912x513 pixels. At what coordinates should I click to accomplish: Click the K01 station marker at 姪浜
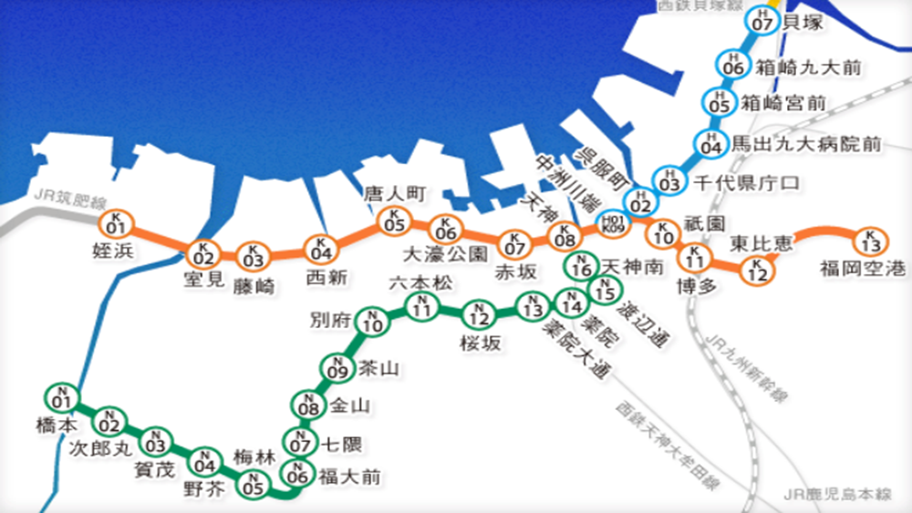[116, 223]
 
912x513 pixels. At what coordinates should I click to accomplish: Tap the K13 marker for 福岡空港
[870, 242]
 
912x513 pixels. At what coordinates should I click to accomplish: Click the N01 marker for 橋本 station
[61, 398]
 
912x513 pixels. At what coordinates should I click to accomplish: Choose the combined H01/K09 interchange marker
[611, 223]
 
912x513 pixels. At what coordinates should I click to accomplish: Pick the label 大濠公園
[446, 252]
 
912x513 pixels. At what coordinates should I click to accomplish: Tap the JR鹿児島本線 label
[837, 495]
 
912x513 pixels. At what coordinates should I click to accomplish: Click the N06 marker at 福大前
[297, 474]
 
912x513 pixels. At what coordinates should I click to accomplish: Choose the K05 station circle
[393, 221]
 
